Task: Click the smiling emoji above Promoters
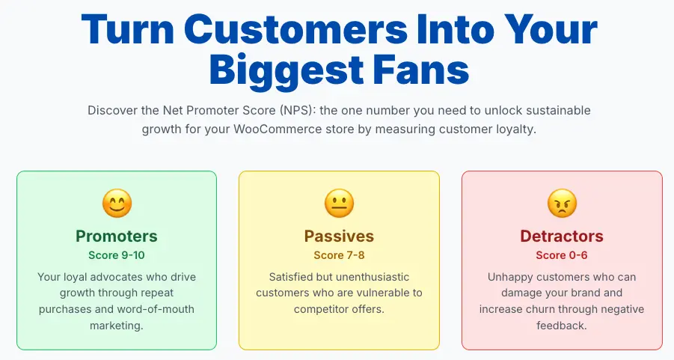pyautogui.click(x=117, y=203)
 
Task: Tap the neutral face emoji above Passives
pyautogui.click(x=339, y=203)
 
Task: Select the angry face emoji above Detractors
pyautogui.click(x=562, y=203)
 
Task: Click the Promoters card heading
pyautogui.click(x=117, y=236)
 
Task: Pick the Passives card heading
pyautogui.click(x=339, y=236)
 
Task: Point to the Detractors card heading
pyautogui.click(x=562, y=236)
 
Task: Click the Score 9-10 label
pyautogui.click(x=117, y=255)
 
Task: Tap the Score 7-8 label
pyautogui.click(x=339, y=255)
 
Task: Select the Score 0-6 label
pyautogui.click(x=562, y=255)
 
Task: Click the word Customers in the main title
pyautogui.click(x=295, y=29)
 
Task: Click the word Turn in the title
pyautogui.click(x=128, y=29)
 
